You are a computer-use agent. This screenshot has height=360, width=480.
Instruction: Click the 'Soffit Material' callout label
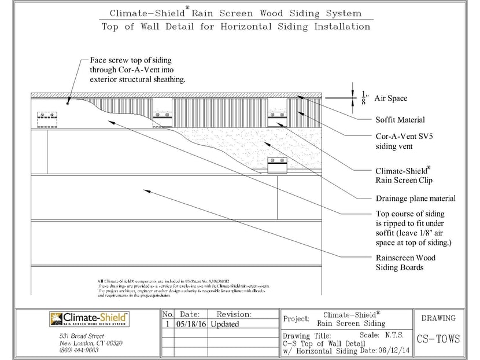[400, 120]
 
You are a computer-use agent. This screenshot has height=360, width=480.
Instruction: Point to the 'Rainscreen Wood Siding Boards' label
[405, 262]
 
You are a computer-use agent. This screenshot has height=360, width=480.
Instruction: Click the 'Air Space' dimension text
[390, 98]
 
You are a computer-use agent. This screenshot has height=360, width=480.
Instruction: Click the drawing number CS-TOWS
[438, 339]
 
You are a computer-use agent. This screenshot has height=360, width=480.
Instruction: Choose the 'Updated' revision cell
[225, 324]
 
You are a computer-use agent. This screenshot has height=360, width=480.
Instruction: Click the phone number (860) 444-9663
[79, 350]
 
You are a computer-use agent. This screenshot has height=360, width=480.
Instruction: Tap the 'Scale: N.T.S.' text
[385, 335]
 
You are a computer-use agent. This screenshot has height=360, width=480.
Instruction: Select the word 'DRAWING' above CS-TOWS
[438, 318]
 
